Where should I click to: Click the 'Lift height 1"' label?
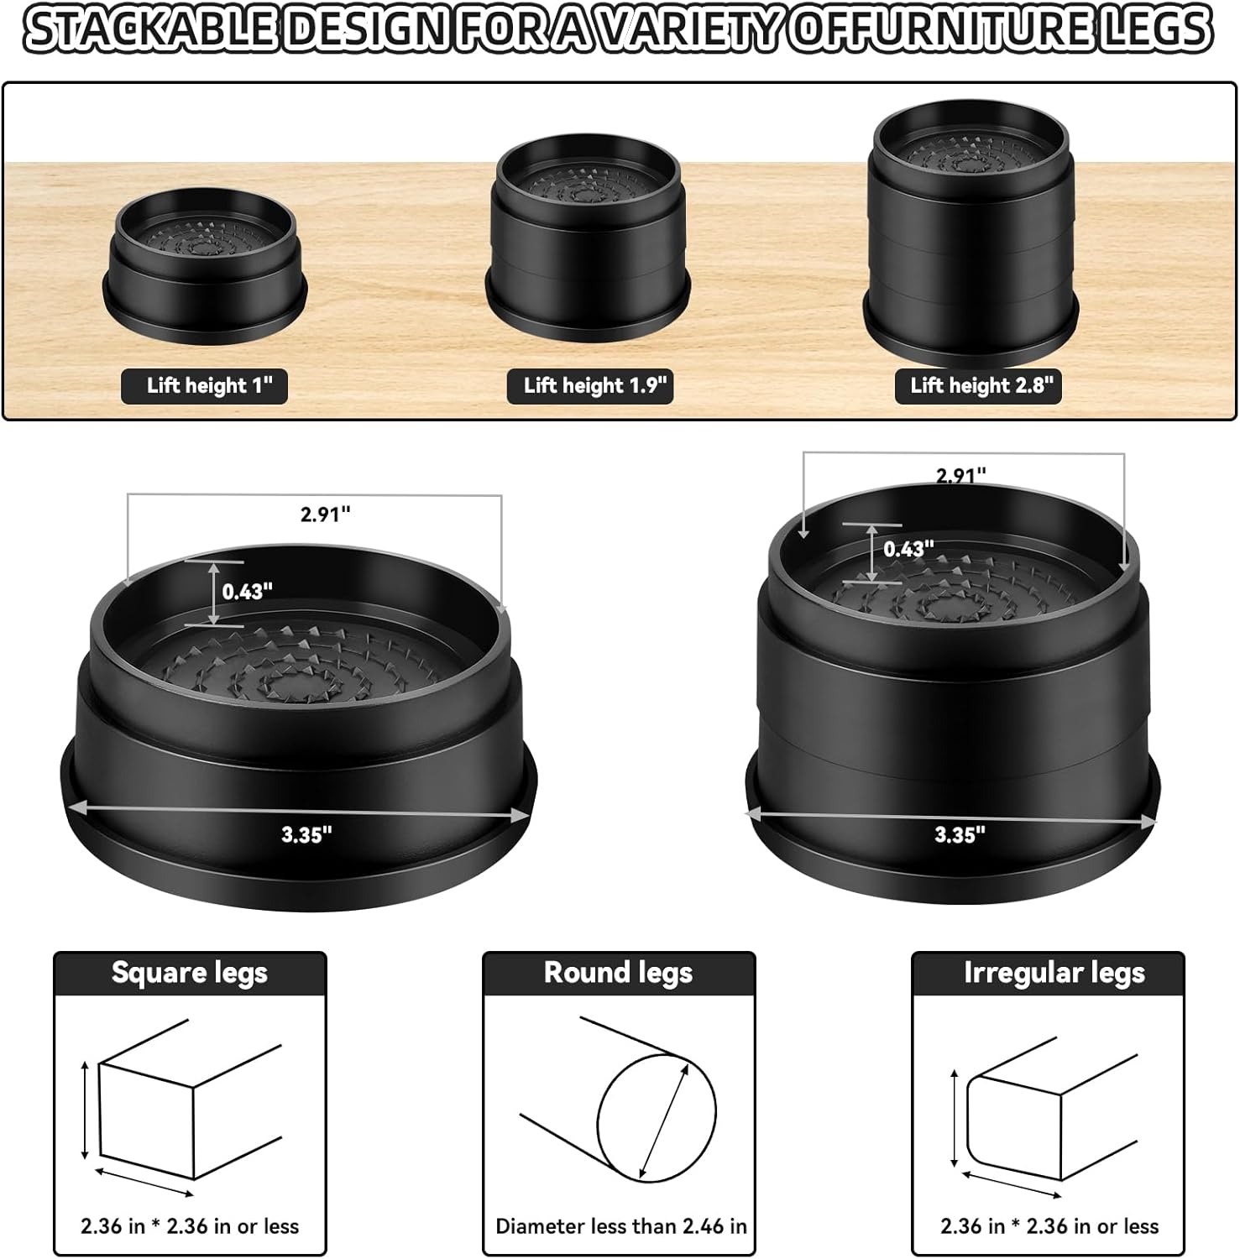pyautogui.click(x=205, y=386)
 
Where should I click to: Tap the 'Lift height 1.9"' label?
pyautogui.click(x=590, y=386)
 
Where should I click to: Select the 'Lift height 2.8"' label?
pyautogui.click(x=978, y=386)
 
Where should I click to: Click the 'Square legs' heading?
pyautogui.click(x=190, y=973)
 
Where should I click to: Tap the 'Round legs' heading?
pyautogui.click(x=619, y=973)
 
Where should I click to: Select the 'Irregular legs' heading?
pyautogui.click(x=1054, y=973)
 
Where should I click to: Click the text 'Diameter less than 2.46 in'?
pyautogui.click(x=621, y=1226)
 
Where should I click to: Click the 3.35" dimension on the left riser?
pyautogui.click(x=306, y=834)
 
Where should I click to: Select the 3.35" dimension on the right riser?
pyautogui.click(x=960, y=834)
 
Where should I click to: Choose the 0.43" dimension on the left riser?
pyautogui.click(x=247, y=592)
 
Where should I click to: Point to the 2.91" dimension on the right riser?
pyautogui.click(x=961, y=475)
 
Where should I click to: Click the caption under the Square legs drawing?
pyautogui.click(x=190, y=1226)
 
